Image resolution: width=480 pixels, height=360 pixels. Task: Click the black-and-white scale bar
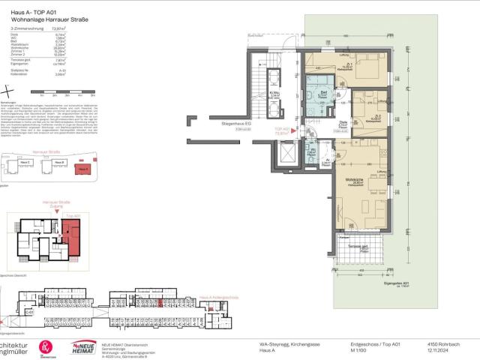(67, 92)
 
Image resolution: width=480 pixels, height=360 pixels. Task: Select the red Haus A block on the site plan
(83, 169)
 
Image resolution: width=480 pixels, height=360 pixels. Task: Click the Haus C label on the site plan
(25, 162)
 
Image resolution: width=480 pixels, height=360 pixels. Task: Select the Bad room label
(324, 93)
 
